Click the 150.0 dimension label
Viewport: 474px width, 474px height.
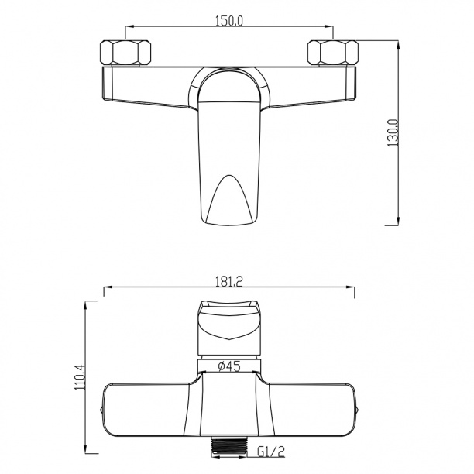(x=229, y=21)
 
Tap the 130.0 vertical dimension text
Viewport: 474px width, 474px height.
(x=393, y=133)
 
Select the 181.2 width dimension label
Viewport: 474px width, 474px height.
(x=229, y=282)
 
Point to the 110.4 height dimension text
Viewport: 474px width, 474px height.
(x=81, y=377)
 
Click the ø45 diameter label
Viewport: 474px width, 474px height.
(x=229, y=366)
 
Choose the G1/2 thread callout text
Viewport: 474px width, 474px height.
(x=271, y=452)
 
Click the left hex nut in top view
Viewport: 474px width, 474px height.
(x=125, y=53)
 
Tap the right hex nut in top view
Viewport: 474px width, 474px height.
(x=333, y=53)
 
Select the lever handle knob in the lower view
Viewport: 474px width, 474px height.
(x=229, y=328)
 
